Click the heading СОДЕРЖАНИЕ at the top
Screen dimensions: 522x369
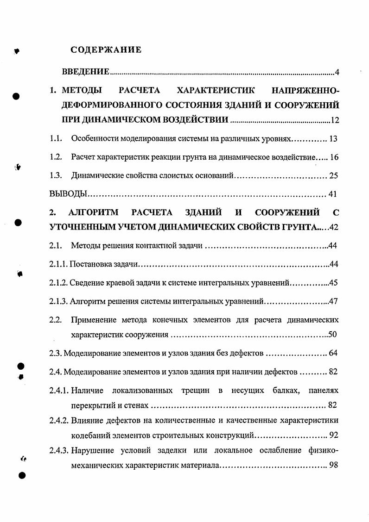click(106, 50)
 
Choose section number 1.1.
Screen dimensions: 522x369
click(56, 139)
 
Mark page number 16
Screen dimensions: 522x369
click(334, 157)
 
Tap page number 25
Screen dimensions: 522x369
click(333, 176)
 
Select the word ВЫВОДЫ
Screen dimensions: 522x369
click(63, 194)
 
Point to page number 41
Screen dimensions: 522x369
click(332, 194)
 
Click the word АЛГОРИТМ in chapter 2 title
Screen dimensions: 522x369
click(93, 212)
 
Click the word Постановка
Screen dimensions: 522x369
click(91, 264)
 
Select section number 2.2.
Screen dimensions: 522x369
click(56, 320)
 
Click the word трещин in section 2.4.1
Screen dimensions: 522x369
click(195, 391)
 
